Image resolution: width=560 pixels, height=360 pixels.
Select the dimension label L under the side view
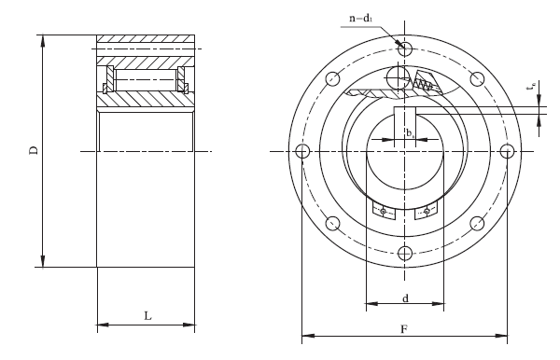(147, 316)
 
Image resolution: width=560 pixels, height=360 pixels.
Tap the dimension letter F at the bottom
(403, 329)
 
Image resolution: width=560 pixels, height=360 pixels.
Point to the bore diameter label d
(404, 298)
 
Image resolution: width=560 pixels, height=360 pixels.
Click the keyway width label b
(410, 133)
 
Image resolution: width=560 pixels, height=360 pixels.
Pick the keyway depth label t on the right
(531, 89)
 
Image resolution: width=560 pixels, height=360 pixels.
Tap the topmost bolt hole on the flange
(404, 48)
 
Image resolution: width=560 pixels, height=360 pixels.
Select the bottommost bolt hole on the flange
(404, 254)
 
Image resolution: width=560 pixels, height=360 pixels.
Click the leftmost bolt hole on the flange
(301, 151)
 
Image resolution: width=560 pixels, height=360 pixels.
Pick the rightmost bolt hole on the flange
(508, 151)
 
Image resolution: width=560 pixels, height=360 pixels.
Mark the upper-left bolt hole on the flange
(330, 78)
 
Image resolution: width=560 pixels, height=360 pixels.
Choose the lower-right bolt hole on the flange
(477, 224)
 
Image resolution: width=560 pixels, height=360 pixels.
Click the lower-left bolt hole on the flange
(330, 224)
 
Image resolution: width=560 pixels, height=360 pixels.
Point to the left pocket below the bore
(384, 212)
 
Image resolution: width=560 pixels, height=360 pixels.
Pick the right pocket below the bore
(425, 212)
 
